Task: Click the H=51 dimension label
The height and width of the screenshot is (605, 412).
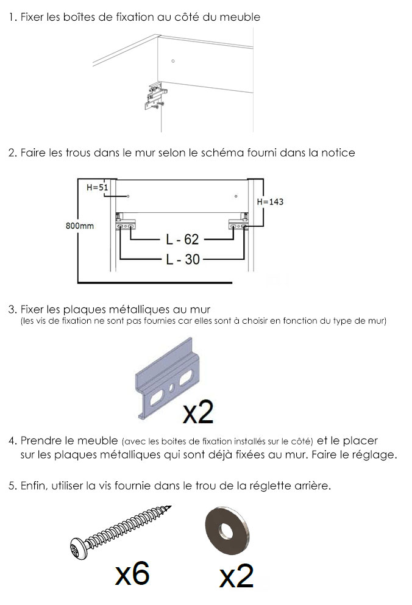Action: (97, 187)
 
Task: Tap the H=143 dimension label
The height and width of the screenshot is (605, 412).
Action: (270, 201)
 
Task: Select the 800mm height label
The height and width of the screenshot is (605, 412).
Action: (79, 226)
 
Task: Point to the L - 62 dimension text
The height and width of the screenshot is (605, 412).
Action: (182, 239)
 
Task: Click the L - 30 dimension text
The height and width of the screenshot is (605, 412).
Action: (183, 259)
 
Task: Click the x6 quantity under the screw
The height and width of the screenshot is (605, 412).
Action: (132, 573)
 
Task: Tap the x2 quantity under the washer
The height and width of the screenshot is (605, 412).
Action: (236, 576)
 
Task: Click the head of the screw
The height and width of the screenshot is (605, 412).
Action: (79, 548)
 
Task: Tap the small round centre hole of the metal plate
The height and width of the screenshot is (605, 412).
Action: (172, 387)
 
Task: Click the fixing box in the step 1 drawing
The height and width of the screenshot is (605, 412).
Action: (155, 95)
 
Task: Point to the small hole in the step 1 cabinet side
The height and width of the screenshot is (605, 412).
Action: (173, 61)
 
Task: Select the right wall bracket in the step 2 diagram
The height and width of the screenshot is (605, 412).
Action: (238, 223)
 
